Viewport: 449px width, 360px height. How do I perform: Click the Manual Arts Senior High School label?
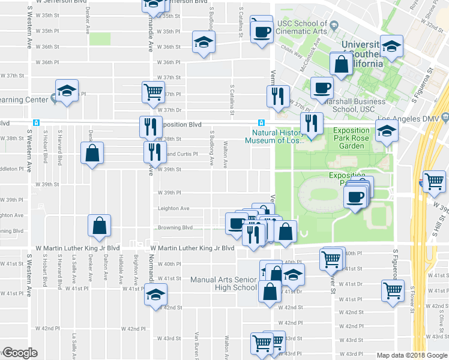(223, 283)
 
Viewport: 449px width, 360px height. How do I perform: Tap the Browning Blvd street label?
(175, 227)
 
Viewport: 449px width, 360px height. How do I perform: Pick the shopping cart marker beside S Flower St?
(393, 290)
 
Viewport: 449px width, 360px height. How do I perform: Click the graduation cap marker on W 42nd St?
(155, 295)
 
